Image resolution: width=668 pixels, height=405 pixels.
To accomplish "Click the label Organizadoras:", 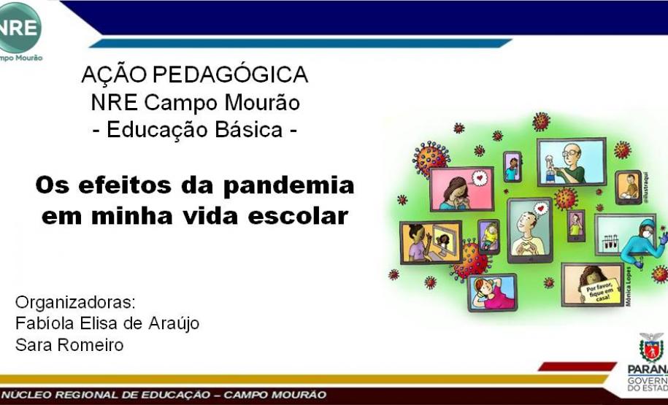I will [x=76, y=301].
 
